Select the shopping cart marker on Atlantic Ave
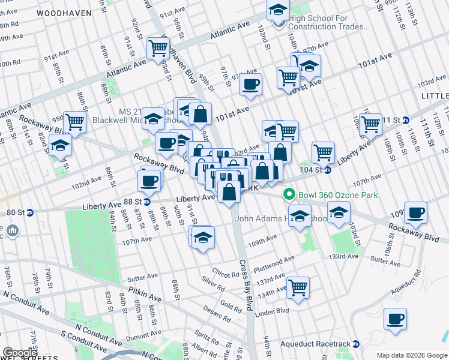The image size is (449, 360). pyautogui.click(x=158, y=48)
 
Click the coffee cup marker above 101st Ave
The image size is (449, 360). pyautogui.click(x=250, y=84)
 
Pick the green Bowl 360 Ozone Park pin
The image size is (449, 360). pyautogui.click(x=289, y=194)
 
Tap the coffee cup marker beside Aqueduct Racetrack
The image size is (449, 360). pyautogui.click(x=395, y=319)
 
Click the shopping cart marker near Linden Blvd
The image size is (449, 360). pyautogui.click(x=298, y=288)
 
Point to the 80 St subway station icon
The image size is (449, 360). pyautogui.click(x=29, y=211)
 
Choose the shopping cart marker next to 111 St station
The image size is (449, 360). pyautogui.click(x=370, y=124)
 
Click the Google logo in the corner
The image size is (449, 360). pyautogui.click(x=20, y=353)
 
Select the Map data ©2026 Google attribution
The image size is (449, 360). pyautogui.click(x=412, y=355)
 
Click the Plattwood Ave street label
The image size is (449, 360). pyautogui.click(x=274, y=260)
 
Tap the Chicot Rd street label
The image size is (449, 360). pyautogui.click(x=225, y=274)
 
